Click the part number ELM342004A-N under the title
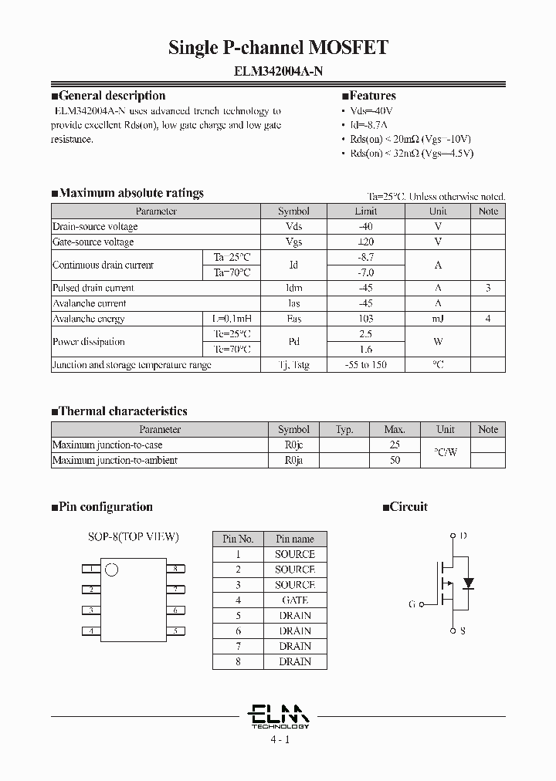click(x=278, y=71)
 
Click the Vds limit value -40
click(x=365, y=227)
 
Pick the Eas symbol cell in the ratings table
click(x=293, y=319)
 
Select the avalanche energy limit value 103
click(x=365, y=319)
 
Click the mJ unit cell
click(x=438, y=319)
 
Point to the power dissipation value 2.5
click(x=365, y=334)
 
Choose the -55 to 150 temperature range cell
click(x=365, y=365)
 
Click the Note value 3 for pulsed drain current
click(x=488, y=288)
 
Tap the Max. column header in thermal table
click(x=395, y=430)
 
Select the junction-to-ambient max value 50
click(x=395, y=461)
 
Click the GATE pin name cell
click(x=294, y=600)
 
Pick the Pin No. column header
click(x=238, y=539)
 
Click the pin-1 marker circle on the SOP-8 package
click(x=112, y=571)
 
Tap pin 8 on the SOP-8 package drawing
click(x=175, y=569)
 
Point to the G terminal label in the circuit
click(x=412, y=604)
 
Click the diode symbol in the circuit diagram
click(x=467, y=583)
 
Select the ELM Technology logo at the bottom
click(x=280, y=715)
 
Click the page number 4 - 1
click(x=280, y=739)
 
